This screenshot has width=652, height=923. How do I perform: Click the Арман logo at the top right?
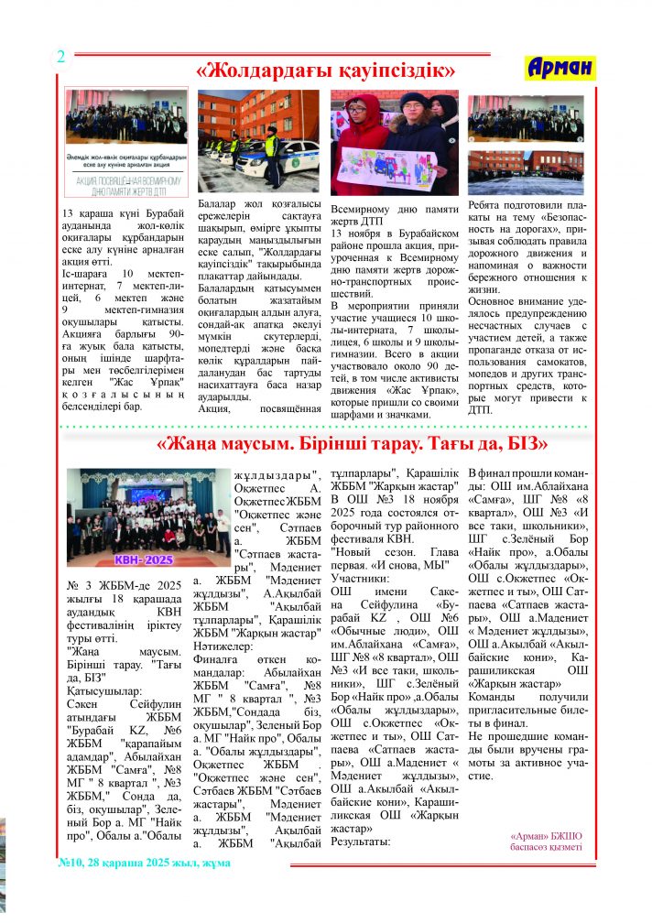561,67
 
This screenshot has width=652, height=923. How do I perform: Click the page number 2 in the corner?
60,56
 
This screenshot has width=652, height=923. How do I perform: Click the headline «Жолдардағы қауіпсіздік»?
327,70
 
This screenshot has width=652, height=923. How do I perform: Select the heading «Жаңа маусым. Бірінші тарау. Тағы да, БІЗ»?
352,444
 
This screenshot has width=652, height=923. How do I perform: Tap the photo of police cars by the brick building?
259,139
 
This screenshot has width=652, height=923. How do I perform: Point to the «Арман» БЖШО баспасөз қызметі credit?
546,842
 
